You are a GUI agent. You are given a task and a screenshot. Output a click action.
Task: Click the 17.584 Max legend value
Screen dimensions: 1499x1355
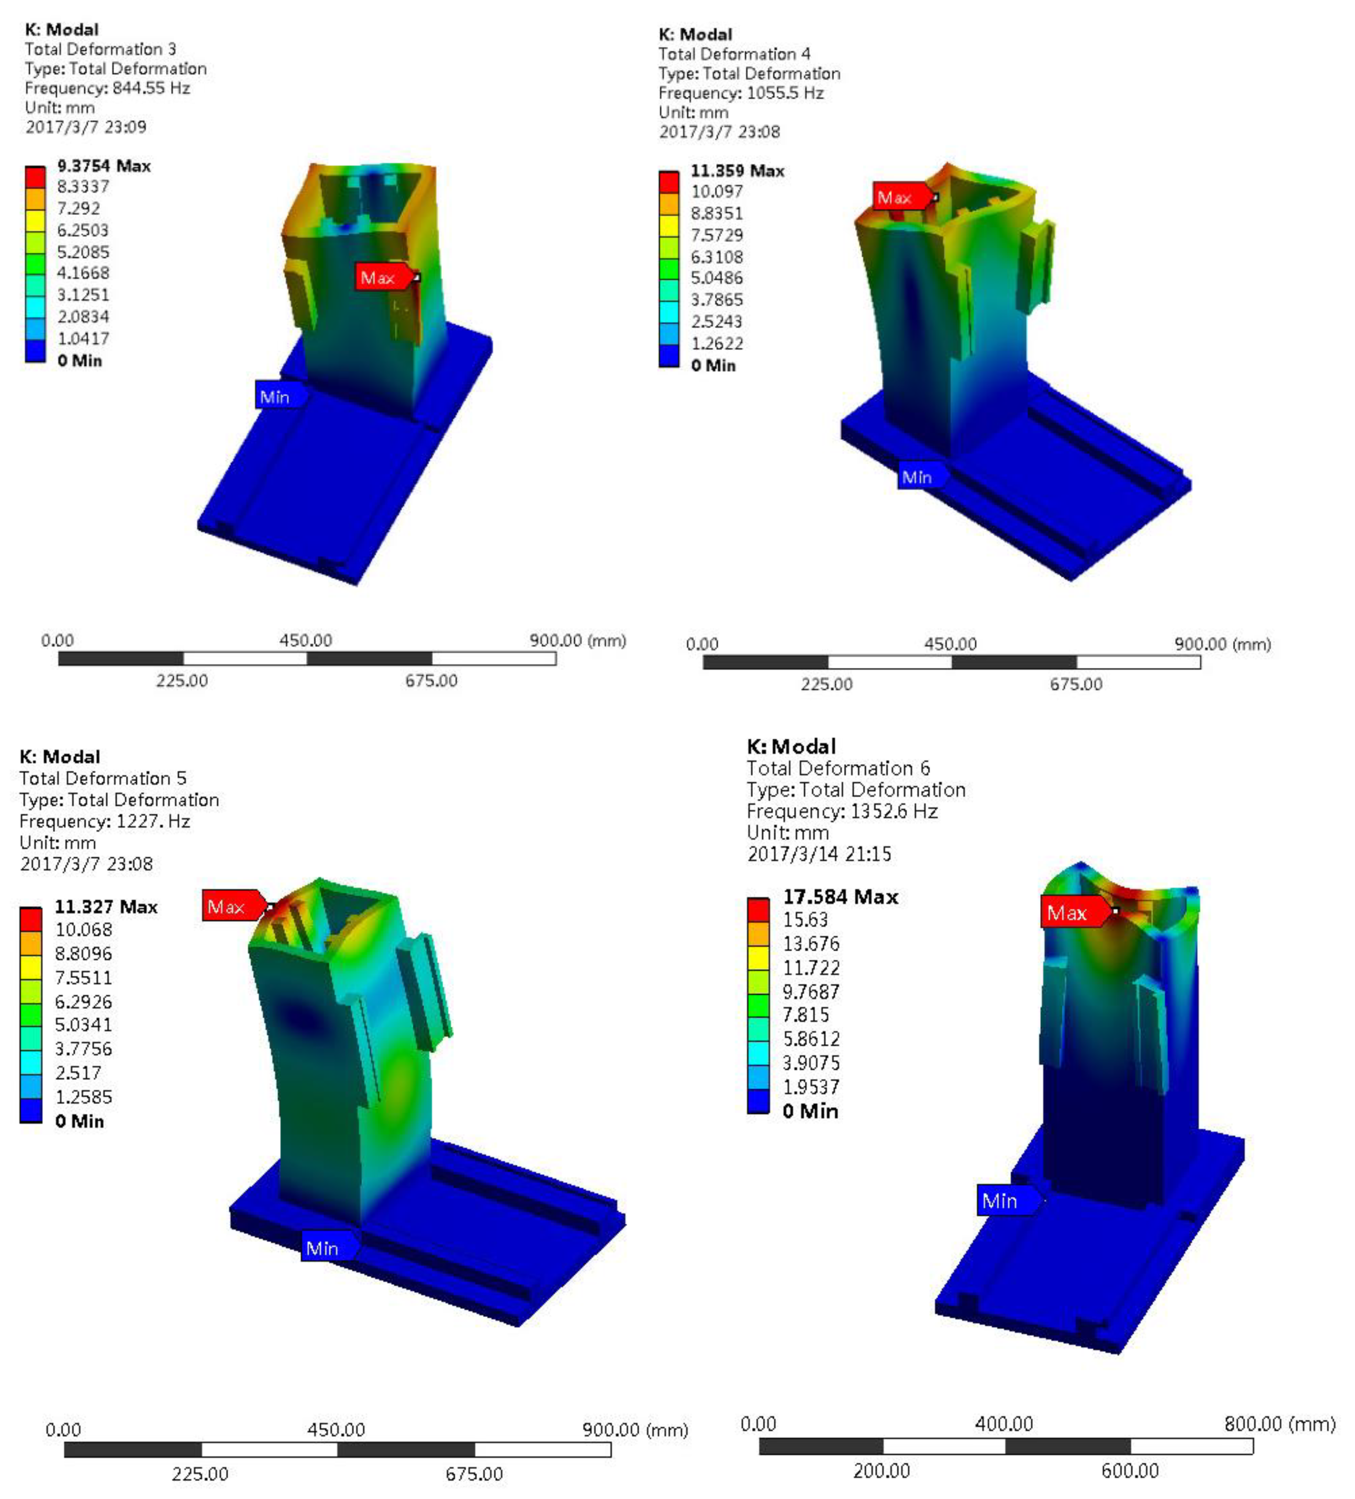click(x=840, y=897)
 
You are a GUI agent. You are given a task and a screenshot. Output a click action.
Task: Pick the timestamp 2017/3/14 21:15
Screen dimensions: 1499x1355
click(x=819, y=854)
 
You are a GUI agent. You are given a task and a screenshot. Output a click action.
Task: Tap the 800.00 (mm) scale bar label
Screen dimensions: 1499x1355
click(x=1279, y=1424)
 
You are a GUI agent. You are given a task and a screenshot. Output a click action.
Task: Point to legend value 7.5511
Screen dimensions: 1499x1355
click(x=83, y=977)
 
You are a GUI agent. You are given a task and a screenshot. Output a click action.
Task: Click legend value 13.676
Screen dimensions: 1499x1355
click(x=810, y=944)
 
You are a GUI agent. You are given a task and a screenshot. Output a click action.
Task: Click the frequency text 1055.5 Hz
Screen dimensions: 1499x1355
click(x=785, y=93)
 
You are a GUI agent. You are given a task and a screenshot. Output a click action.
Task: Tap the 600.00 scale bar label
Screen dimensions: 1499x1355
click(x=1130, y=1471)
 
